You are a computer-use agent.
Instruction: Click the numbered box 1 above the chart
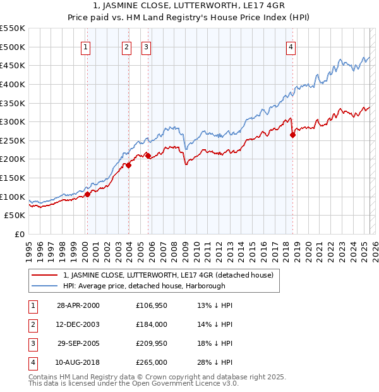pos(85,46)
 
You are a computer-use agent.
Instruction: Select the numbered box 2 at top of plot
pos(126,46)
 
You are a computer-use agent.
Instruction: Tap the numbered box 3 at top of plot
pos(146,46)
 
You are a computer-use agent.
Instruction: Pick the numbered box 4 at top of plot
pos(291,46)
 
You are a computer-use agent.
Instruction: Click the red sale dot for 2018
pos(292,135)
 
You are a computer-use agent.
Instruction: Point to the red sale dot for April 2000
pos(88,194)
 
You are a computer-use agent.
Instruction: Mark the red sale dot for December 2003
pos(128,165)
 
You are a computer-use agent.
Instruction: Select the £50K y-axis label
pos(15,216)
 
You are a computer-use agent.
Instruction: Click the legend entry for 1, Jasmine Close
pos(168,275)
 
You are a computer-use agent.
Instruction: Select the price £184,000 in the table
pos(151,324)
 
